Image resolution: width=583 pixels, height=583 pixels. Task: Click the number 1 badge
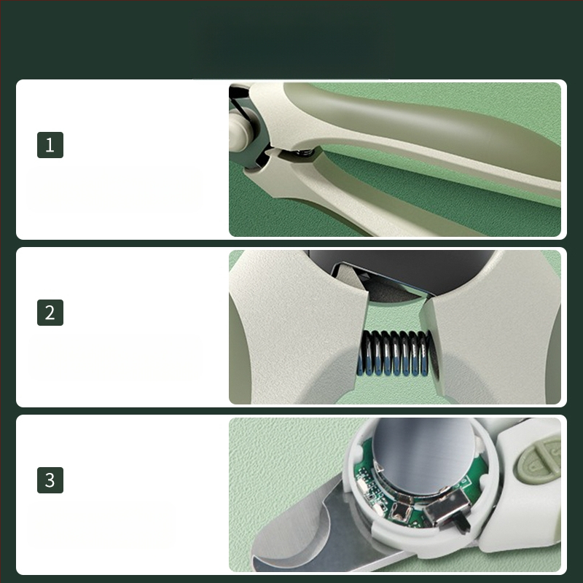pos(50,144)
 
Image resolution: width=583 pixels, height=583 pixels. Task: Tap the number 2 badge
pos(50,313)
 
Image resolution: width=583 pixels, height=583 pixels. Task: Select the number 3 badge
pos(50,480)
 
